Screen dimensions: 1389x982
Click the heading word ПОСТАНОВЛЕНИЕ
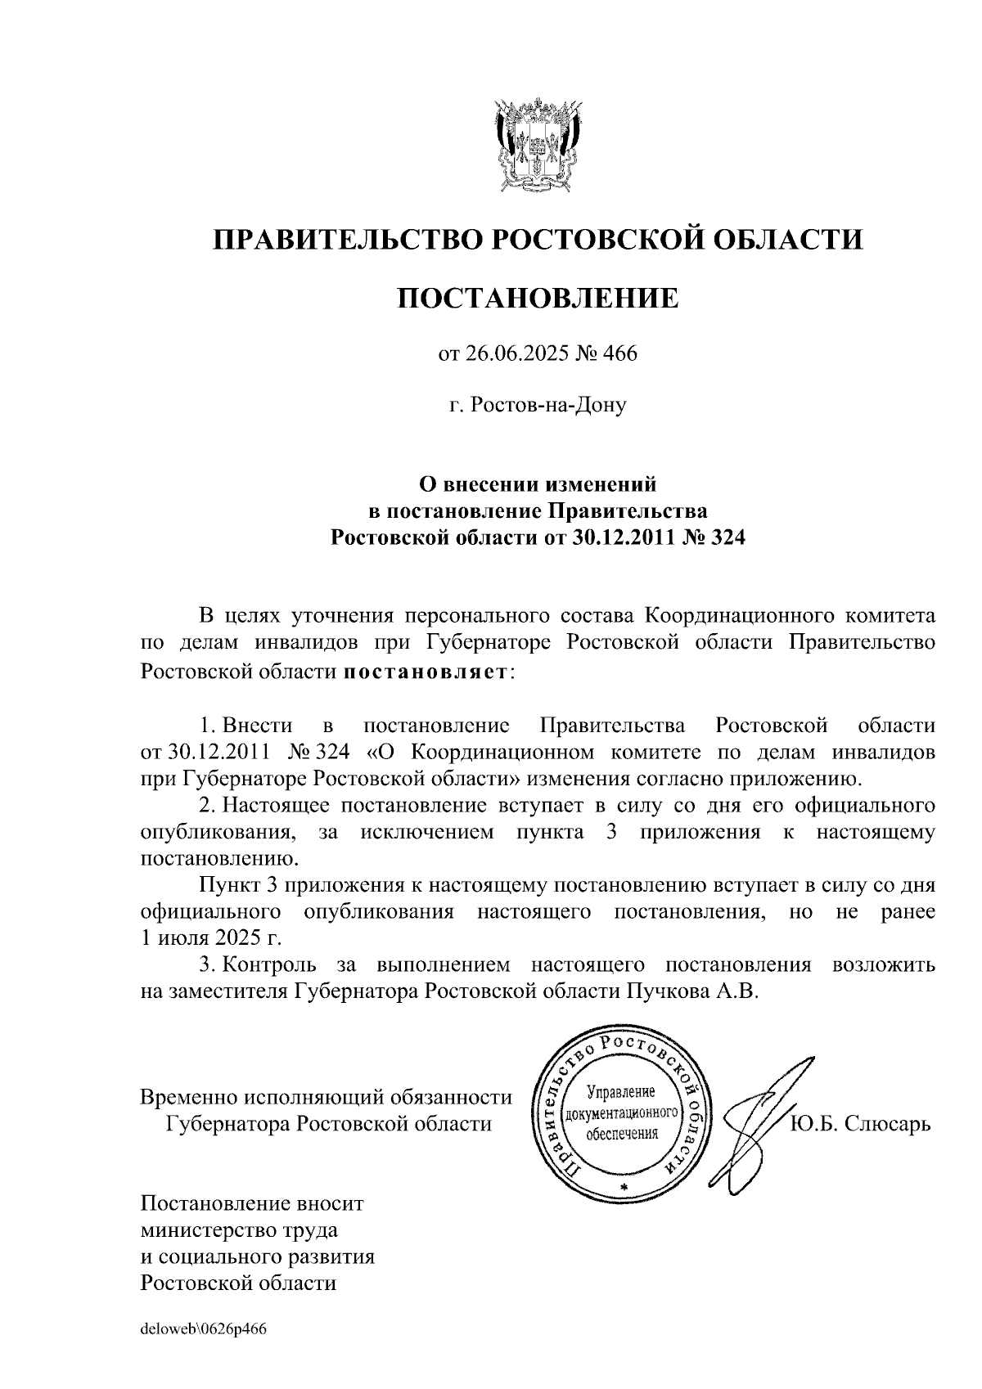pos(538,298)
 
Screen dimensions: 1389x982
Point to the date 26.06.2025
pos(507,354)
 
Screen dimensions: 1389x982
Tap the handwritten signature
pos(757,1125)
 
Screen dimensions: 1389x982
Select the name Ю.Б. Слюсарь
pos(860,1123)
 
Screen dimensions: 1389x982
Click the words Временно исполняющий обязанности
pos(327,1096)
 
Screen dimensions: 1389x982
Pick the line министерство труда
pos(239,1229)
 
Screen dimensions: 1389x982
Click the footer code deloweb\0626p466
pos(204,1328)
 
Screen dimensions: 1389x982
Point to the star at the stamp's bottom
pos(624,1187)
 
